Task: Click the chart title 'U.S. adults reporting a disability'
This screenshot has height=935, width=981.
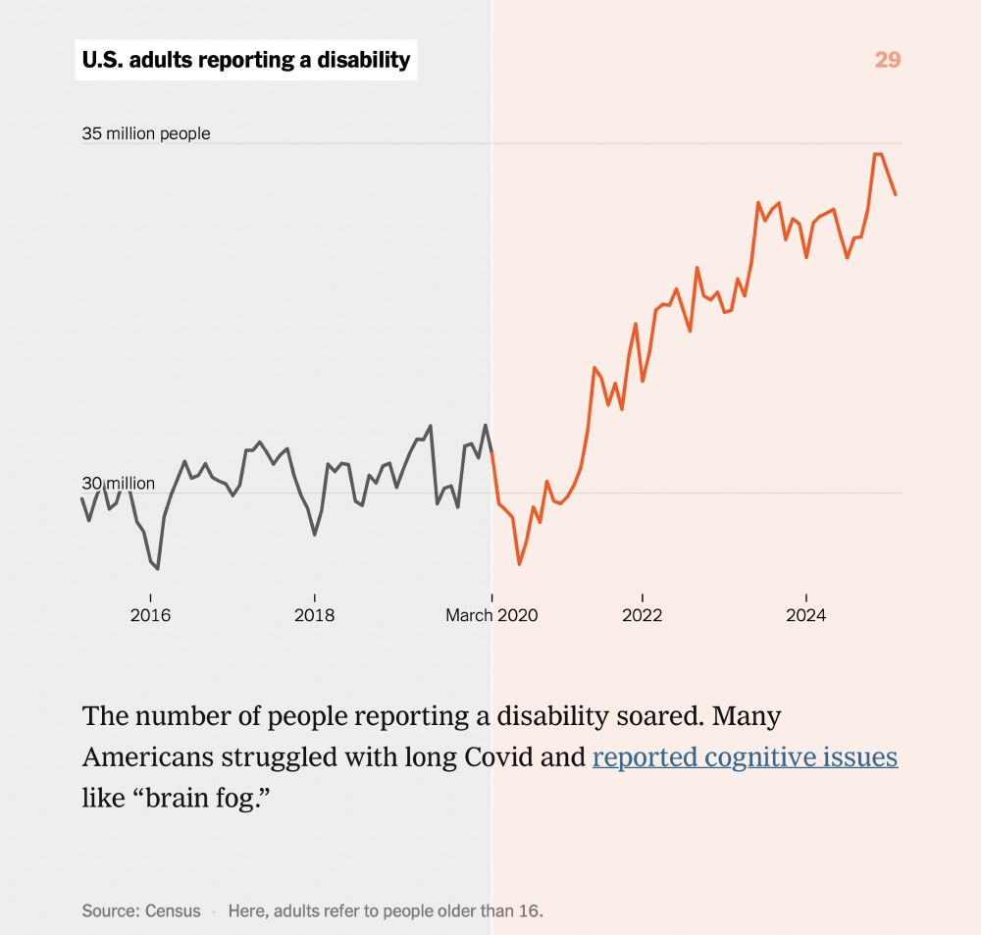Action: coord(245,60)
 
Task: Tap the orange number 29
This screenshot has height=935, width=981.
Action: coord(887,60)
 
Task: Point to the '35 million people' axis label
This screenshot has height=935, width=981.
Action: coord(146,133)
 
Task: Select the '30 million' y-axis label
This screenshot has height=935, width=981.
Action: coord(118,484)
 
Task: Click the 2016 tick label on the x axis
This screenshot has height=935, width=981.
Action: coord(150,615)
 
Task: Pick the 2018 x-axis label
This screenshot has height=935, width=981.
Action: coord(314,615)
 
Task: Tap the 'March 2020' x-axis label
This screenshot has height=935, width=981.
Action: coord(491,615)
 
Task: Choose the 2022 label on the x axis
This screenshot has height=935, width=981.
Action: coord(642,615)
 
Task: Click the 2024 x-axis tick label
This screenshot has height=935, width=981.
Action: coord(805,615)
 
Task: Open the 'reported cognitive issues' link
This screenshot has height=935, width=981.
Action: coord(745,757)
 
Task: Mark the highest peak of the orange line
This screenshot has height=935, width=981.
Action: coord(877,154)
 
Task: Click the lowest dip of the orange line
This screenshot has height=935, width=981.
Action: coord(519,564)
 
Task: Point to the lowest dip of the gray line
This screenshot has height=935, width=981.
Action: coord(158,568)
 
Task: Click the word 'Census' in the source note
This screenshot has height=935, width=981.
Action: coord(173,910)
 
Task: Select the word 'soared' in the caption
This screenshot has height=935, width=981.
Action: coord(656,715)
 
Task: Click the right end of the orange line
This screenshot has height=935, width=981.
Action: coord(896,194)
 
